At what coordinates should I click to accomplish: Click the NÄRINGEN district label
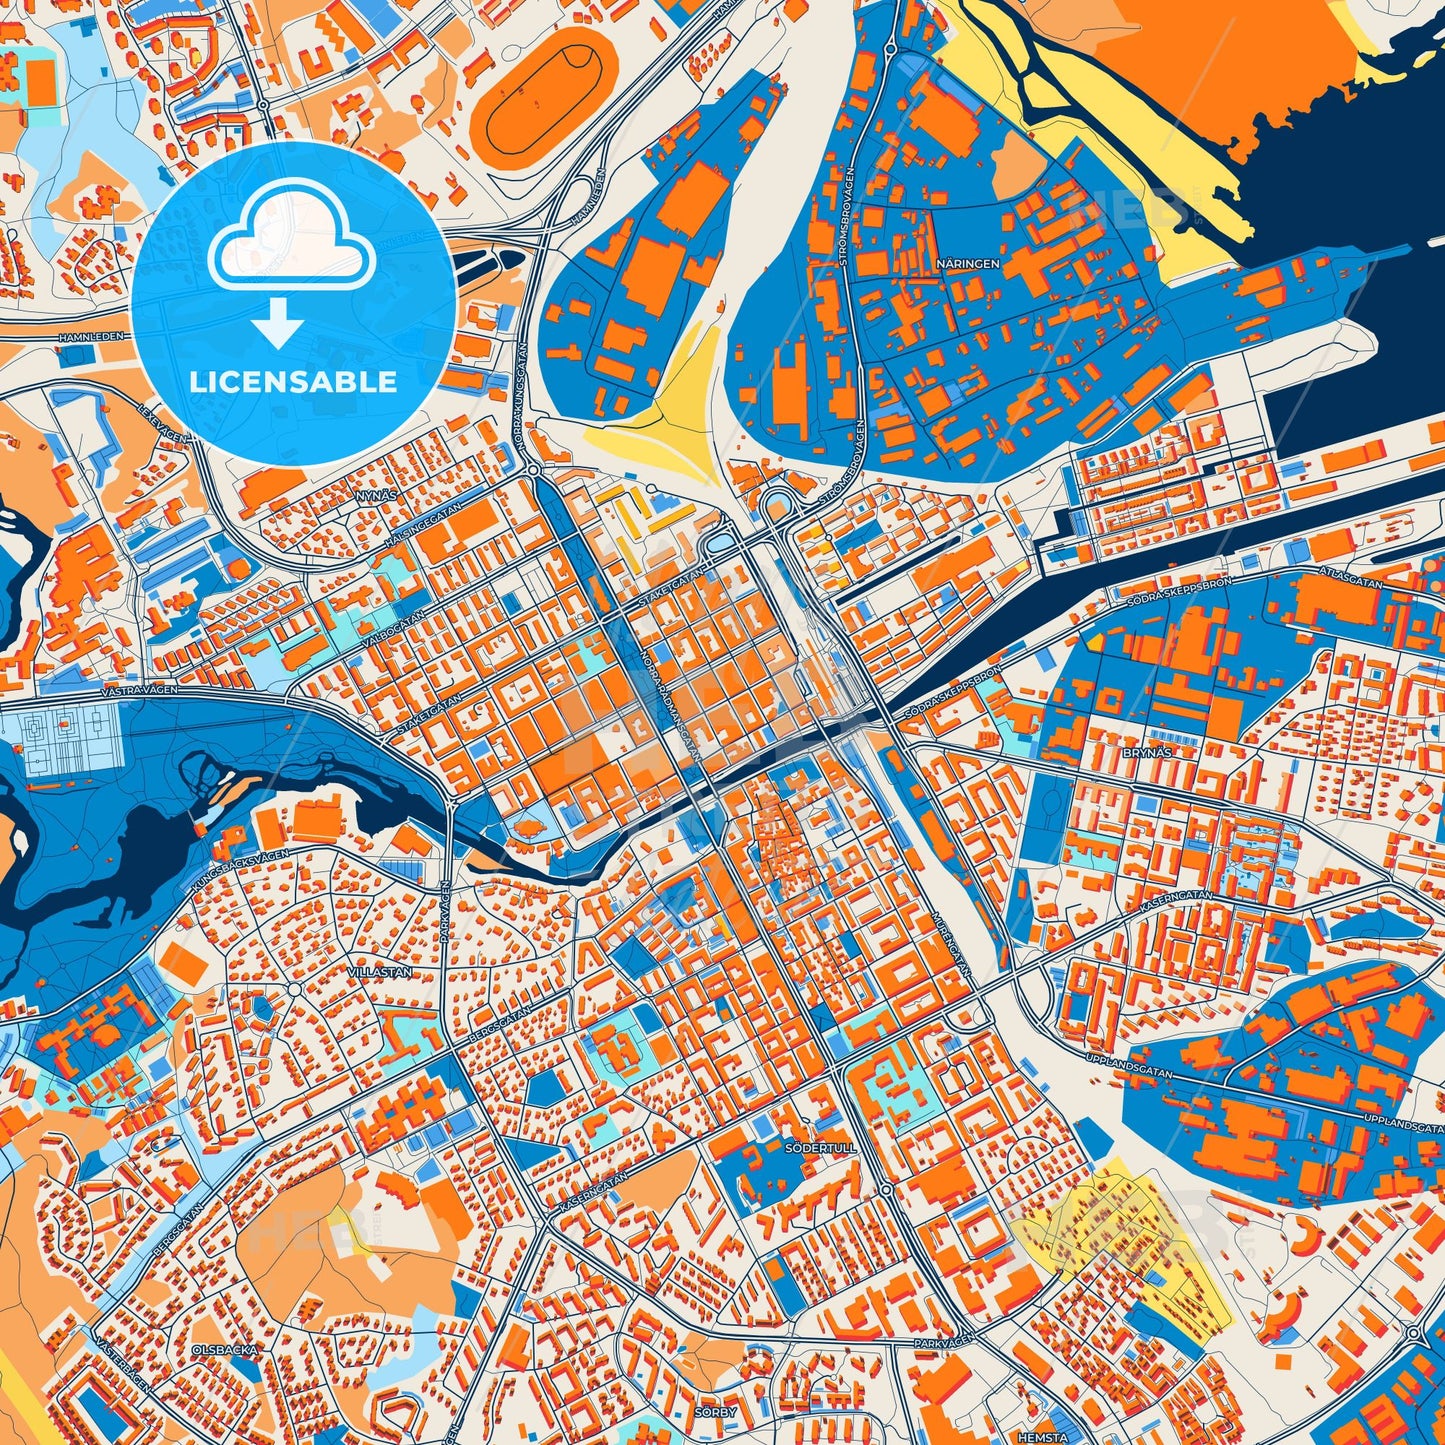[967, 263]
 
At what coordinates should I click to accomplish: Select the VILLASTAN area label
[380, 971]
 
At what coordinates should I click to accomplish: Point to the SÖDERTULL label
[821, 1148]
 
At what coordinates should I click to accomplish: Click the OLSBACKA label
[225, 1349]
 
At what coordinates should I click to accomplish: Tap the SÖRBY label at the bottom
[715, 1412]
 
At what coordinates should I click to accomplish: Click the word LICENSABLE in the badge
[294, 382]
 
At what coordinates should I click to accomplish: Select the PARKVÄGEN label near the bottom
[943, 1343]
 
